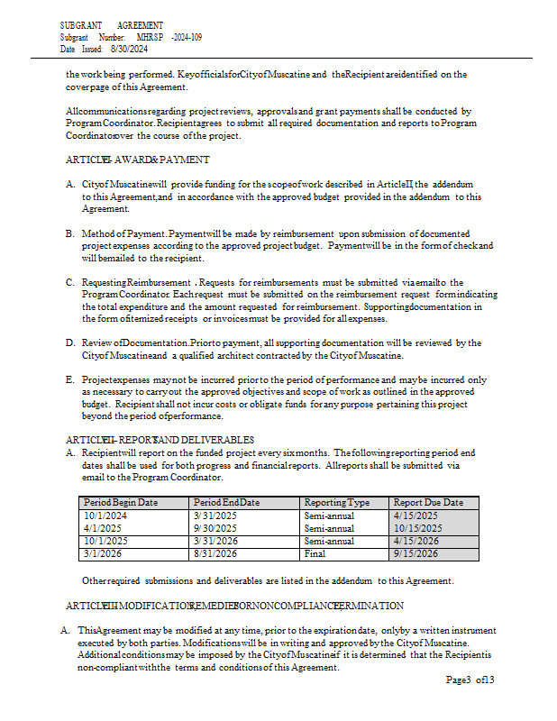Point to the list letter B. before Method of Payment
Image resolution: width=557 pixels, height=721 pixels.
pos(69,233)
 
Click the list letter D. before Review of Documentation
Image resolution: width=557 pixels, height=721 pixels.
pos(69,343)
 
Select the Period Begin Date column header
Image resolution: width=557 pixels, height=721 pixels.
pos(121,502)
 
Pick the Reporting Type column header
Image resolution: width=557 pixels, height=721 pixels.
pos(336,502)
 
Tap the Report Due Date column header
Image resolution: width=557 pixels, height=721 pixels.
pos(428,502)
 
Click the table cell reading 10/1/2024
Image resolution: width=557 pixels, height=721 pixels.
pos(106,516)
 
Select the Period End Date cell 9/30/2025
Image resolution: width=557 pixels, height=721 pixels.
pos(215,528)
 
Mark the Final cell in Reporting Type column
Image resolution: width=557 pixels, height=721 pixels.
pos(315,554)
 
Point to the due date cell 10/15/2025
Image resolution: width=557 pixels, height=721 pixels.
pos(416,528)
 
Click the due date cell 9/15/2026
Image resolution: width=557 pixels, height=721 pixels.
pos(415,554)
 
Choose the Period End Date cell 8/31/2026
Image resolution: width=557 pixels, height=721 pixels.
pos(215,554)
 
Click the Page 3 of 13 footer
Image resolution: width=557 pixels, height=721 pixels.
pos(470,680)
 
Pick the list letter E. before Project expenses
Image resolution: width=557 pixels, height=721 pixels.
pos(69,379)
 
